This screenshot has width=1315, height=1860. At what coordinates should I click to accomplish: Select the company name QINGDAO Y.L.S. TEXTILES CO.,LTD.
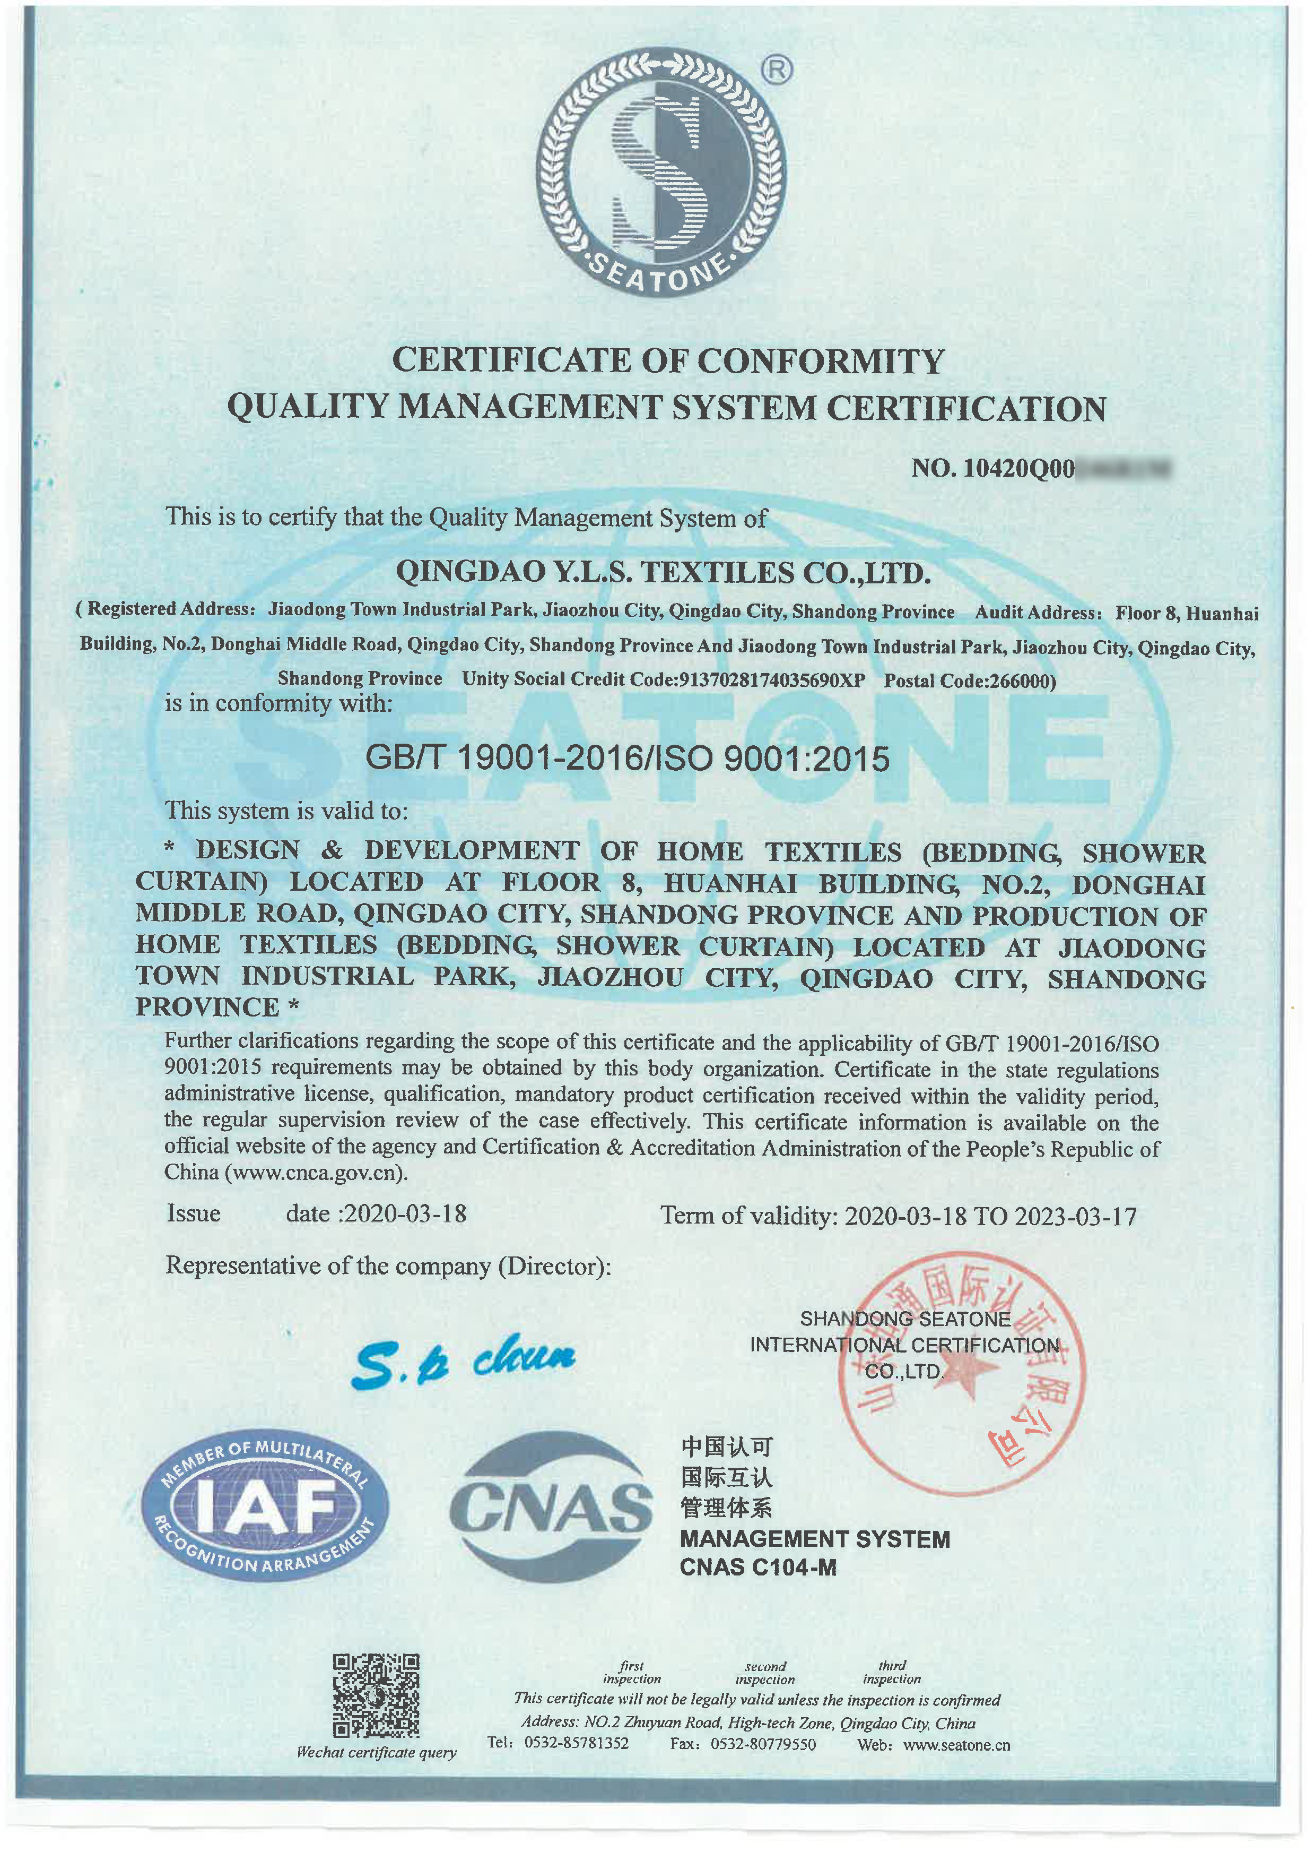(x=663, y=573)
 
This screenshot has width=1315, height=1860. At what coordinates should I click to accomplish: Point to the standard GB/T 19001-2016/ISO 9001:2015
(x=628, y=758)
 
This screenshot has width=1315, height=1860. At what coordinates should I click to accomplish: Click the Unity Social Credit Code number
(x=772, y=679)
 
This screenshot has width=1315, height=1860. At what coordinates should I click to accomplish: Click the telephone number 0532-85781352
(x=577, y=1743)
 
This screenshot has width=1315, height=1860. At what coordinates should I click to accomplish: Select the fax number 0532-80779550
(x=763, y=1744)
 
